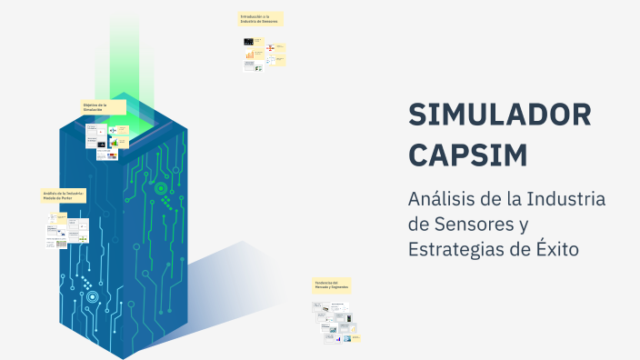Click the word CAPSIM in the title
click(x=468, y=155)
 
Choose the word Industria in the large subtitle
click(x=566, y=199)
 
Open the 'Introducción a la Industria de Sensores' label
click(x=260, y=19)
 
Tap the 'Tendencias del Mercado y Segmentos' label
click(x=331, y=285)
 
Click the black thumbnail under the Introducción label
click(x=248, y=42)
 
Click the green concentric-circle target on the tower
click(x=161, y=189)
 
